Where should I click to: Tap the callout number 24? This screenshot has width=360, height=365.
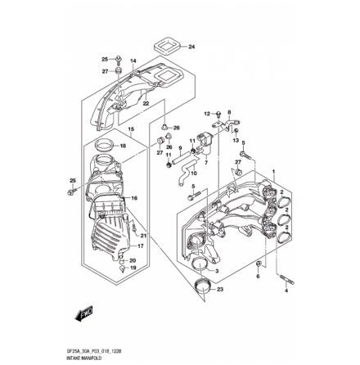[192, 47]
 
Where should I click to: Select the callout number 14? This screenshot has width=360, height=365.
[133, 61]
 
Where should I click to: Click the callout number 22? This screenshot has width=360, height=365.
[146, 103]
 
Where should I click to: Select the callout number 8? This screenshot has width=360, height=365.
[228, 114]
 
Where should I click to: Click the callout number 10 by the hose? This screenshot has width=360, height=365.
[194, 173]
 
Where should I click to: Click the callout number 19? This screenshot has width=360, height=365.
[133, 268]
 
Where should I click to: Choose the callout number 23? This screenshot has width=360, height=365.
[220, 289]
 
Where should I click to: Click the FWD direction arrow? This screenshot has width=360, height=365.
[83, 313]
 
